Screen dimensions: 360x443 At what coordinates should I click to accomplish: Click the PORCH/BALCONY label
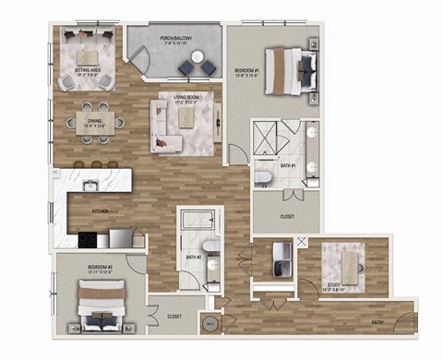[x=174, y=40]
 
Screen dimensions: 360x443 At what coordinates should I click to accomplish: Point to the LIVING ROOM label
[x=187, y=99]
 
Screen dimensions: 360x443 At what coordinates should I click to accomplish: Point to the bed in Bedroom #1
[x=293, y=69]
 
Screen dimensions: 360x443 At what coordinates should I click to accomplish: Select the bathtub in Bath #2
[x=196, y=222]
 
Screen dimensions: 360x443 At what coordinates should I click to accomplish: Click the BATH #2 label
[x=193, y=256]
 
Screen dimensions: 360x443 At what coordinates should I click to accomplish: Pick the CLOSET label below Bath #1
[x=287, y=217]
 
